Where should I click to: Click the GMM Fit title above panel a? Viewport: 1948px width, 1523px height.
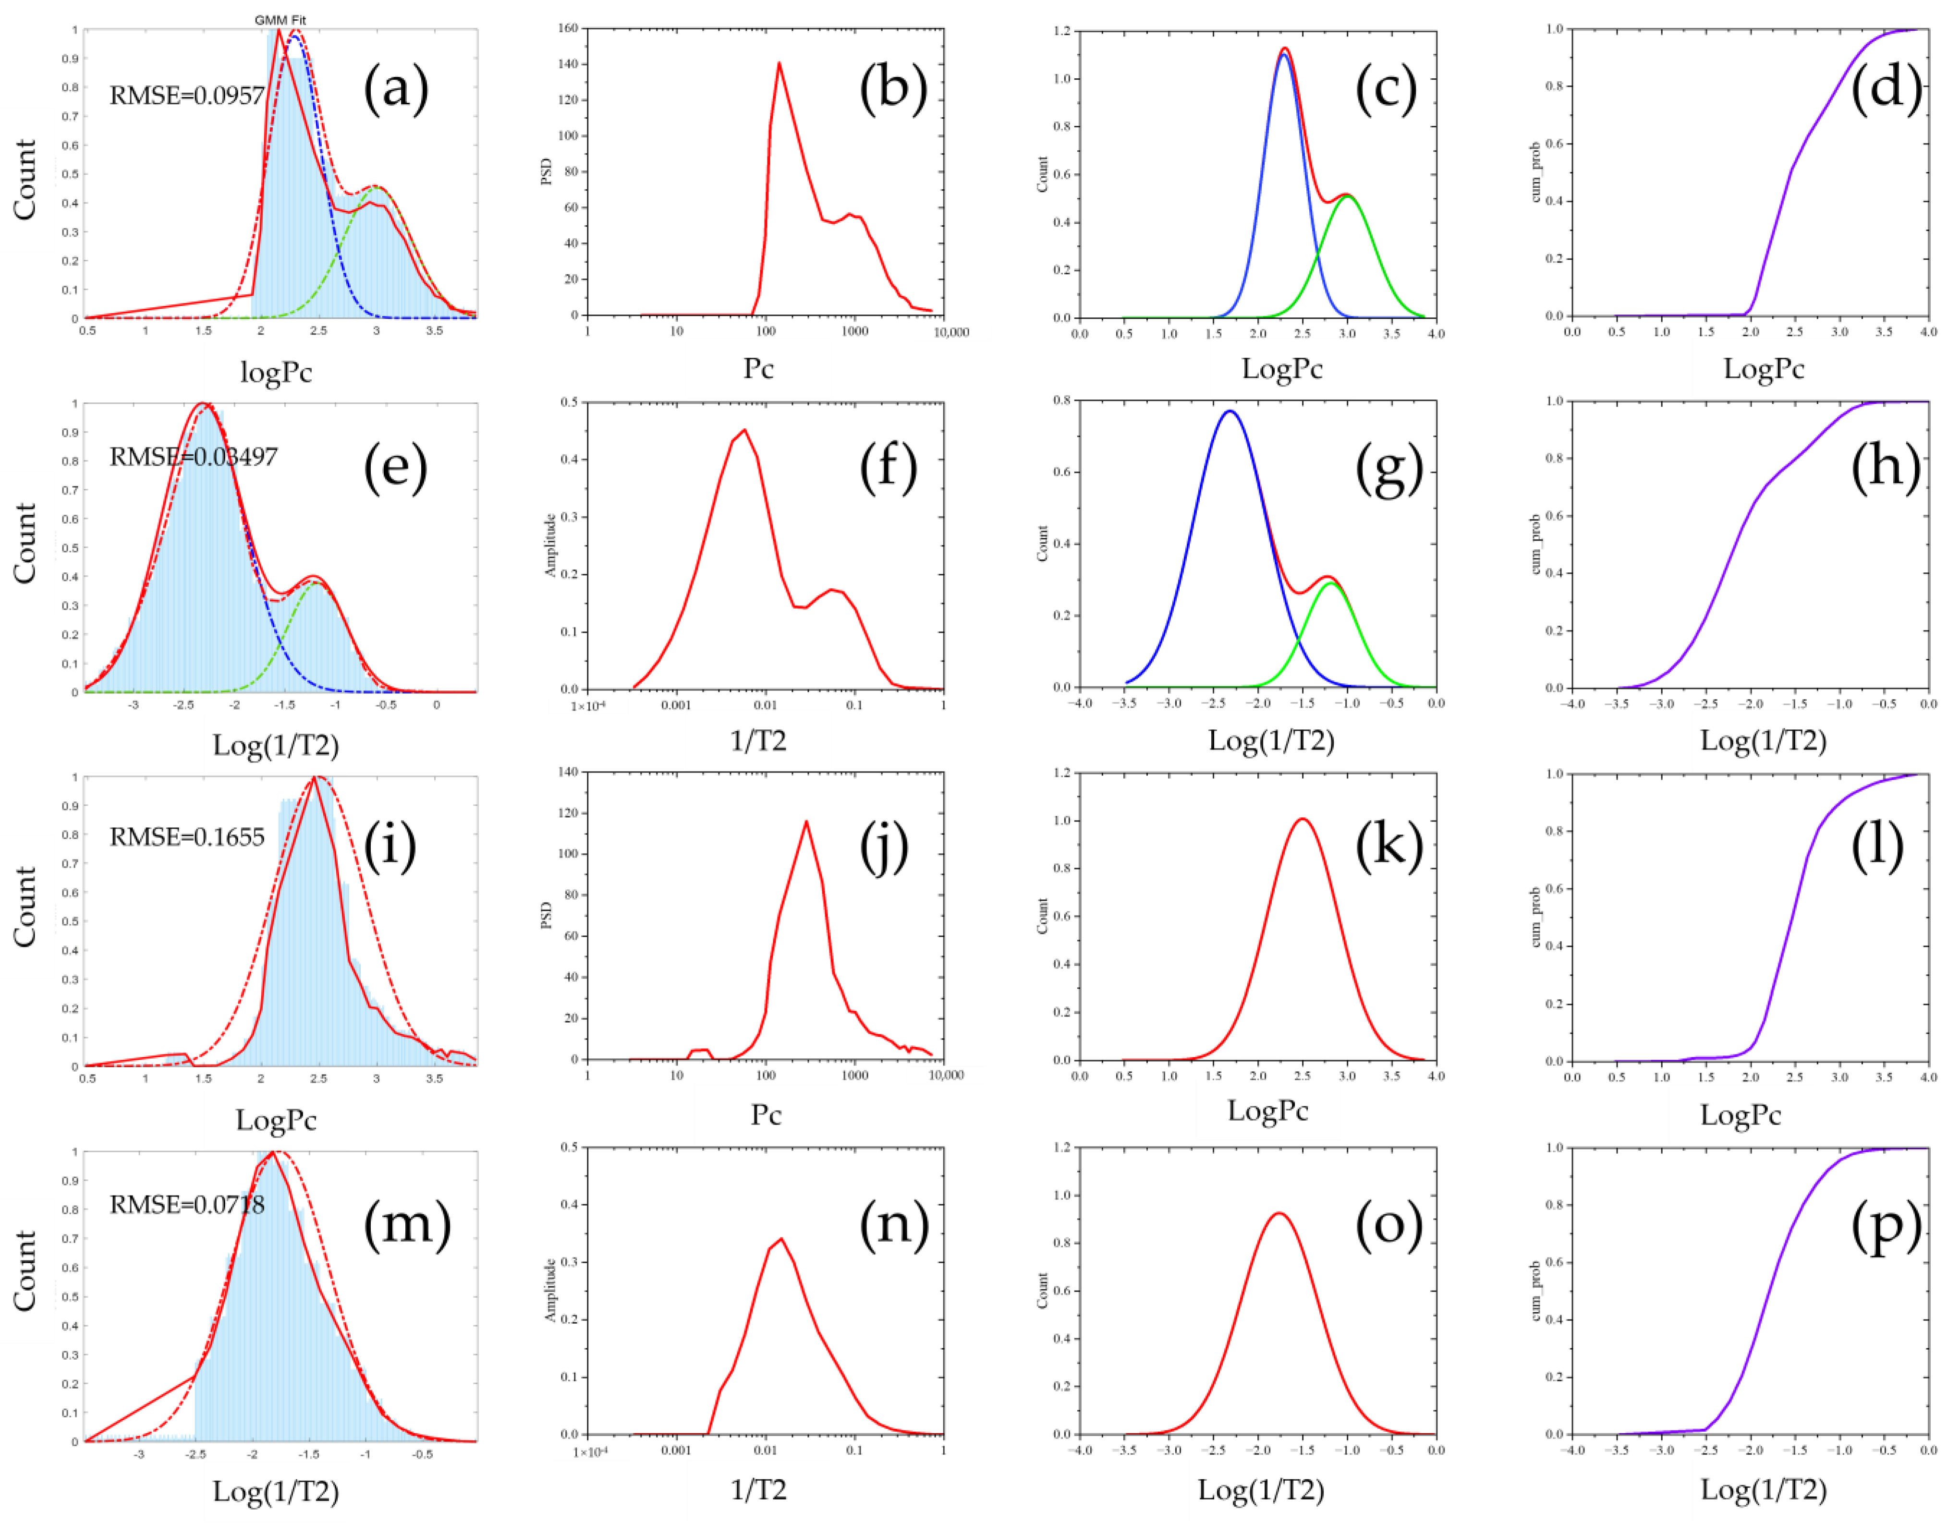coord(280,20)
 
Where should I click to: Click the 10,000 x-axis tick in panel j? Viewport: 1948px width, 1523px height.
coord(946,1076)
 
